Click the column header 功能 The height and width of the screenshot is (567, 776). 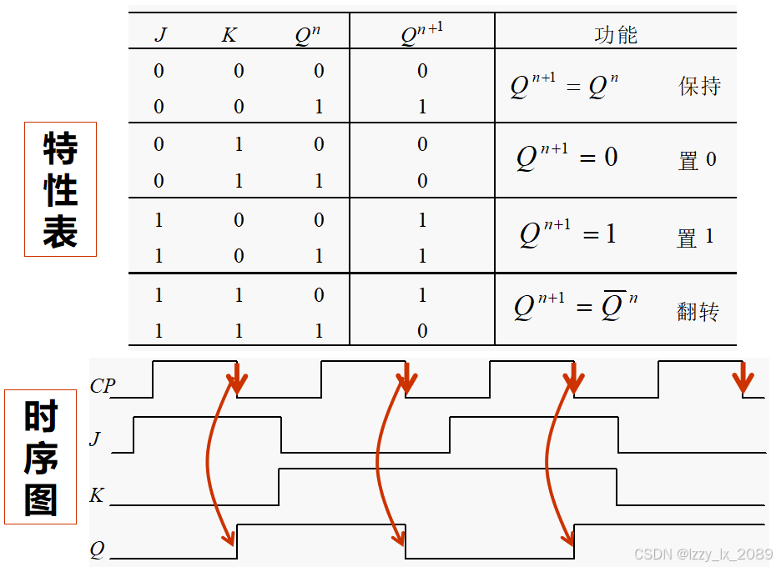[x=616, y=34]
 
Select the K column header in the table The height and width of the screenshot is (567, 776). [x=229, y=35]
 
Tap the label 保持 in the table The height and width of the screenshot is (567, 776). [x=699, y=86]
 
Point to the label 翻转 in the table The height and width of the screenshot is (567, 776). [x=698, y=312]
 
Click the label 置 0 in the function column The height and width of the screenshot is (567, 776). [x=697, y=160]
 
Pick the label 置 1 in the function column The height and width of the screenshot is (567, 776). [x=695, y=238]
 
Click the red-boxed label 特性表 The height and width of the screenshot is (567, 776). [x=60, y=189]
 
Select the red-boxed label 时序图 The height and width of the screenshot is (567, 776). [x=41, y=457]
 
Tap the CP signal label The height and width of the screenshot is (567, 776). [x=103, y=386]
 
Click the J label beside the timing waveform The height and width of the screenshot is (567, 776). [x=95, y=439]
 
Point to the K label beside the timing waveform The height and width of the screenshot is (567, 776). [x=97, y=495]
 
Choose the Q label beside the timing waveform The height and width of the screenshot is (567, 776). [x=98, y=549]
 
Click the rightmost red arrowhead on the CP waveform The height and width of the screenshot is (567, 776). [x=742, y=383]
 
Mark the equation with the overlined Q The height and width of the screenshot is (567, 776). [x=576, y=305]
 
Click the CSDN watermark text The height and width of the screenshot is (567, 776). [x=703, y=554]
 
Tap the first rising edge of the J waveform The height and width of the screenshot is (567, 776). [x=134, y=434]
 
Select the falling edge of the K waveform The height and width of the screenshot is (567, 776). [x=617, y=487]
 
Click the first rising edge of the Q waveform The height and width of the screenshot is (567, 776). [x=238, y=541]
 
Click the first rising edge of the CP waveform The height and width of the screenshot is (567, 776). [x=153, y=379]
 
